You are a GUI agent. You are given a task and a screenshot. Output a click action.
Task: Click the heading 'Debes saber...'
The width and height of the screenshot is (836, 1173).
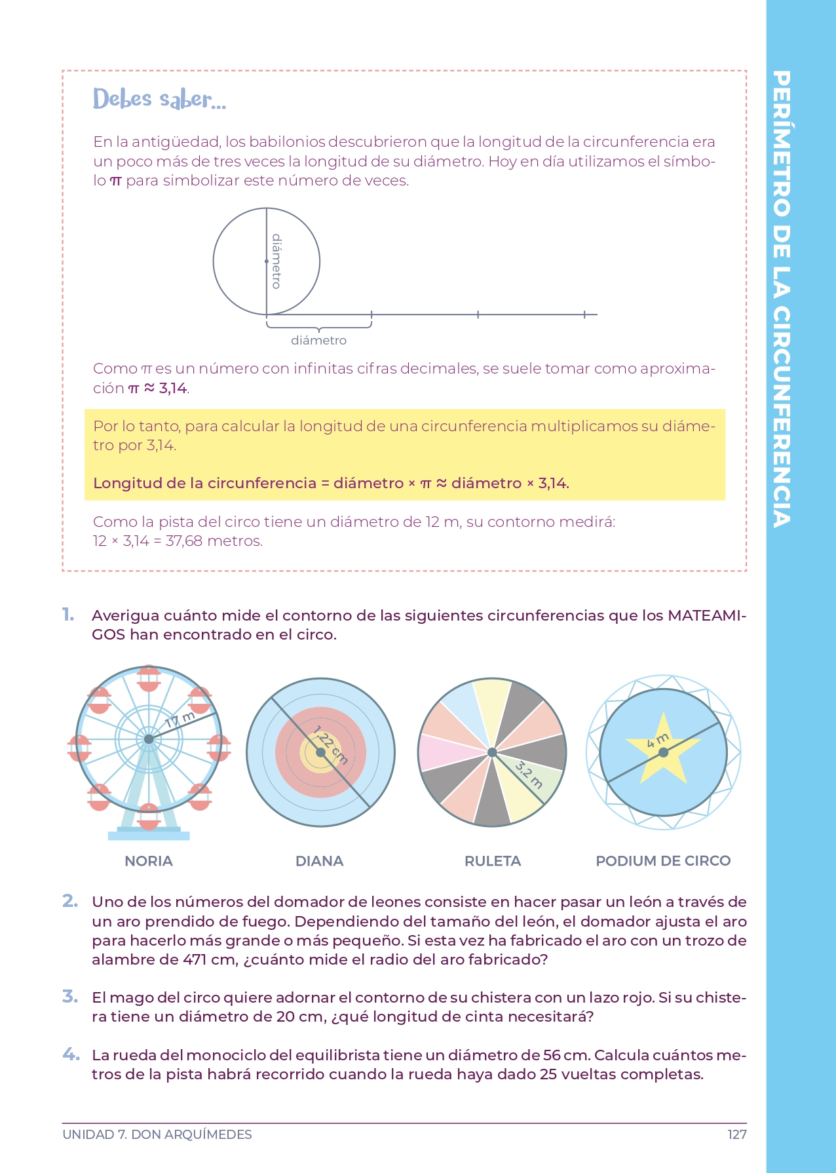159,99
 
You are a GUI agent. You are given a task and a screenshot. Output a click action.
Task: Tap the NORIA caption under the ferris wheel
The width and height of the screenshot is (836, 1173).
149,861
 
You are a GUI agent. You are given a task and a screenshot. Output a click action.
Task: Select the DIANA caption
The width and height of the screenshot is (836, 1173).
319,861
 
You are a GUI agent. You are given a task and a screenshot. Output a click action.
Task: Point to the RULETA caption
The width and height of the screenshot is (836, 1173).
493,861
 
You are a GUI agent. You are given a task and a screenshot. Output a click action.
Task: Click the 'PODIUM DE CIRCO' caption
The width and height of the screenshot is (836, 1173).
663,861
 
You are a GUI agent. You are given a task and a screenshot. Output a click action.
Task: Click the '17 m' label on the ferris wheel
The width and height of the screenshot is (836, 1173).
180,720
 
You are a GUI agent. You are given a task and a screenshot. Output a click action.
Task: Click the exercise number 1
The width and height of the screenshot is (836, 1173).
68,615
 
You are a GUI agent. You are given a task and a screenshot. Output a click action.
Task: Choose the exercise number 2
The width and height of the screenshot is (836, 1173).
70,901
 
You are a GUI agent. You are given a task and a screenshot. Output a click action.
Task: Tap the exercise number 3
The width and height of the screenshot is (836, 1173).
70,997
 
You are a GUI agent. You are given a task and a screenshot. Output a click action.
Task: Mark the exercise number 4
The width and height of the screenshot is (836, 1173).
71,1054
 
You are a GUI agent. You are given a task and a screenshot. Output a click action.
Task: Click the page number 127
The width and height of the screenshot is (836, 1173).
736,1134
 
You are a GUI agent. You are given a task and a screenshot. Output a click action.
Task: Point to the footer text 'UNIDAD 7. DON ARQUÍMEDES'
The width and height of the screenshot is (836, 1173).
157,1134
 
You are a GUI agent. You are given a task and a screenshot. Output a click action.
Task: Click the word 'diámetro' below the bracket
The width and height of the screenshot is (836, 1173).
318,340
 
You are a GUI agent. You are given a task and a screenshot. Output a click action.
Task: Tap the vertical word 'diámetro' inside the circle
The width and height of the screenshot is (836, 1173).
276,261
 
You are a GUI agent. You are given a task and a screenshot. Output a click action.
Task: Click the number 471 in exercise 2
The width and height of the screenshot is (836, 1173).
195,960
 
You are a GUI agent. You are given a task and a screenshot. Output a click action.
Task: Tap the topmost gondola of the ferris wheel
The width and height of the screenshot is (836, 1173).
149,679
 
